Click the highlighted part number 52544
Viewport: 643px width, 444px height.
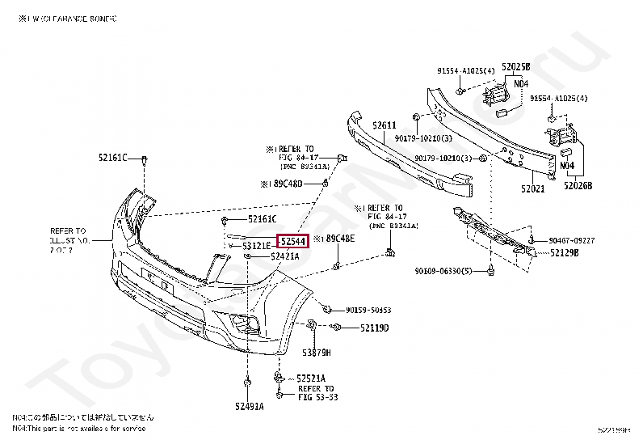tap(292, 241)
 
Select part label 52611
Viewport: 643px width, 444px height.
tap(384, 125)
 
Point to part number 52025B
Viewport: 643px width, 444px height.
tap(515, 66)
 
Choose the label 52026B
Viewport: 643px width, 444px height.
tap(578, 185)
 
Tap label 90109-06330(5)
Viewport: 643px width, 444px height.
tap(443, 271)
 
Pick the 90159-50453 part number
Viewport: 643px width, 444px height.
tap(368, 310)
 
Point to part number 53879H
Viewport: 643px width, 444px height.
tap(317, 353)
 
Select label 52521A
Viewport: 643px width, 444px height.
tap(310, 378)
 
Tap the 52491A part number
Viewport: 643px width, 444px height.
tap(250, 405)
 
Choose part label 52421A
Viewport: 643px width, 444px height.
tap(284, 256)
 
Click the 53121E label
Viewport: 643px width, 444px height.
tap(256, 245)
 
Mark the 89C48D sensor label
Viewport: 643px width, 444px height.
tap(285, 184)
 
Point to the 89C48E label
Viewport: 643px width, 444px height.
tap(338, 239)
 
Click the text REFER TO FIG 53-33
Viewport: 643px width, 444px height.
tap(317, 392)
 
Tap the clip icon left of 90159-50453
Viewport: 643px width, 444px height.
tap(326, 308)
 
